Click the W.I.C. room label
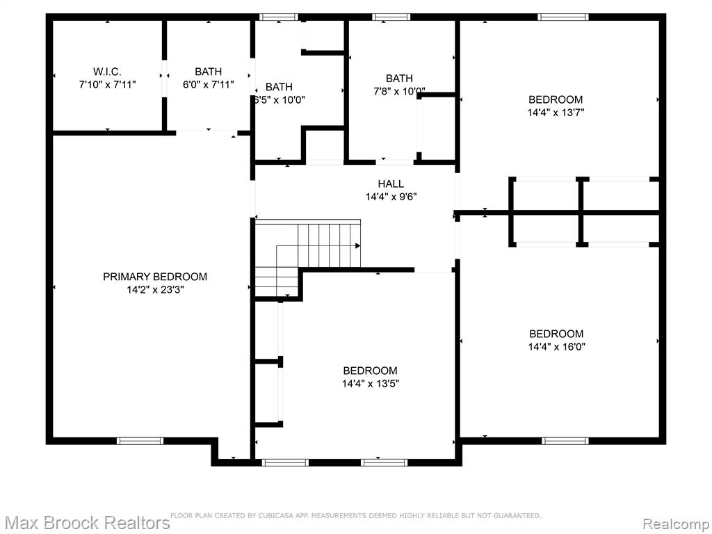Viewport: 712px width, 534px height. (107, 72)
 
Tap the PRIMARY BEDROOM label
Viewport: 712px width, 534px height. (155, 277)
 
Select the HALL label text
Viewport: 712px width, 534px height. (391, 184)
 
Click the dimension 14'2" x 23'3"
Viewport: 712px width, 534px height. (155, 290)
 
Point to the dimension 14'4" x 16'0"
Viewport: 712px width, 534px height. (557, 347)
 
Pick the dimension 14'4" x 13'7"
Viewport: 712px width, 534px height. (556, 113)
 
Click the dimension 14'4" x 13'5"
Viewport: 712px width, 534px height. (371, 384)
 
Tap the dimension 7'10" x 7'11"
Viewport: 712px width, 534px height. (108, 84)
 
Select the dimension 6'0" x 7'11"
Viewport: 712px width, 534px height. (209, 84)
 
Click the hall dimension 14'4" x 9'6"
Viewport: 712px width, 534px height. (391, 197)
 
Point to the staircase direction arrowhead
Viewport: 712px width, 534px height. (358, 245)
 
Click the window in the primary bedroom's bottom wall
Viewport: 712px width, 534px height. (140, 441)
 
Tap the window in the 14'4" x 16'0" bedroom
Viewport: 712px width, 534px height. (565, 441)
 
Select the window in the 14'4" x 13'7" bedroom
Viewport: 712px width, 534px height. (563, 17)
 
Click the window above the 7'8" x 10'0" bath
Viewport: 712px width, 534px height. (391, 17)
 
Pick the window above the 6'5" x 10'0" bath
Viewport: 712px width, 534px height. (279, 17)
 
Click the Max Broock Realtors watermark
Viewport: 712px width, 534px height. (86, 523)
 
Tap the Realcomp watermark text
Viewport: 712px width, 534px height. (676, 524)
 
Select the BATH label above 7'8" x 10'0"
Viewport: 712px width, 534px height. (400, 79)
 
